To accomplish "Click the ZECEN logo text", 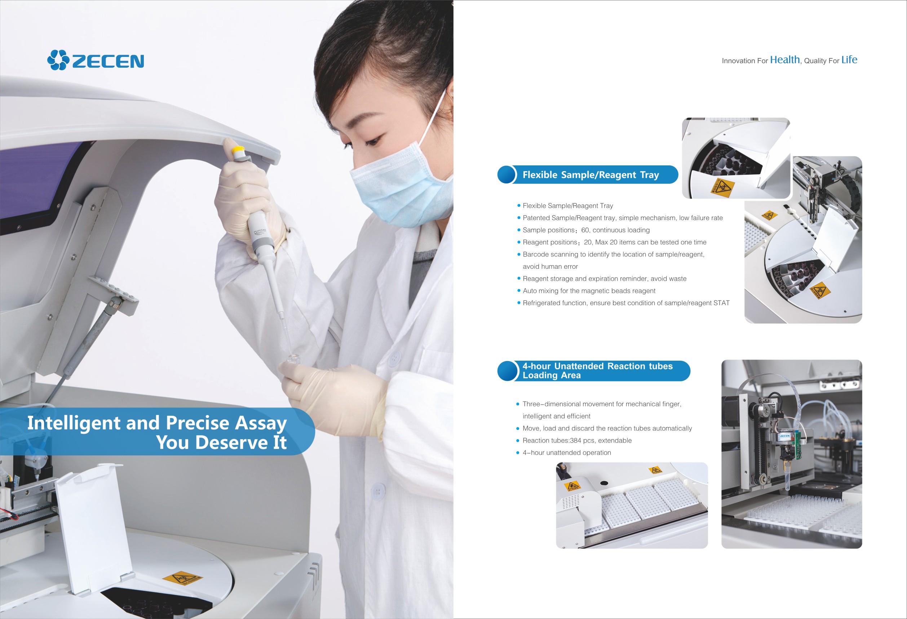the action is [108, 61].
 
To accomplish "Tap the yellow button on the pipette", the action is [238, 150].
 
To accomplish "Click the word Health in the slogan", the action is [785, 60].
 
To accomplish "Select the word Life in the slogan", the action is [849, 60].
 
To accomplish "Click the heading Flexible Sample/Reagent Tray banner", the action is [590, 175].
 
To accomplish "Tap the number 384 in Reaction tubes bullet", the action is [576, 440].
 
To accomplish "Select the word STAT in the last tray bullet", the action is [721, 303].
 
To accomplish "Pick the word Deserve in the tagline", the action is [232, 442].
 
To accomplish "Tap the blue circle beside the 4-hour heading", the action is [507, 370].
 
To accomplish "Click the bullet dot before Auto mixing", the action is [519, 290].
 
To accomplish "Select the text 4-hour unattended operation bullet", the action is [567, 453].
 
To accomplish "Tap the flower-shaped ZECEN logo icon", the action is [58, 60].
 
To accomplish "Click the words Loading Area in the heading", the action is [552, 375].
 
